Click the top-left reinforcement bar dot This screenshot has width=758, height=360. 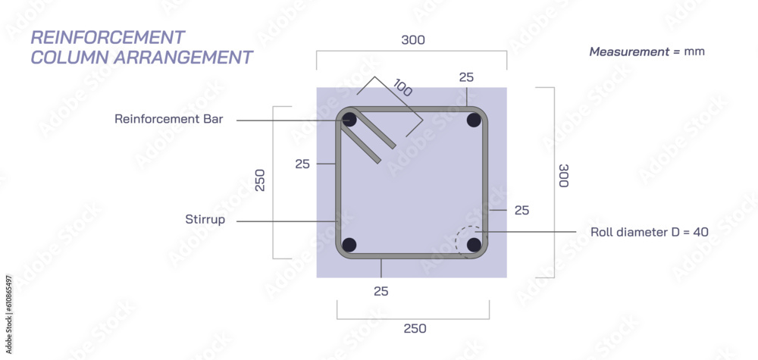coord(349,120)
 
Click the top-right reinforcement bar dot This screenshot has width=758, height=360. coord(475,120)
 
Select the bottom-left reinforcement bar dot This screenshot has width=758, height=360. coord(349,245)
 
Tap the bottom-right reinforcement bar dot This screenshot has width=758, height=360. coord(475,245)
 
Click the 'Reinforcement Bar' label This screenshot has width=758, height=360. coord(168,119)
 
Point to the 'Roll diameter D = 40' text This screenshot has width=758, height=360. coord(649,232)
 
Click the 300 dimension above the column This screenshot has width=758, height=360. coord(412,39)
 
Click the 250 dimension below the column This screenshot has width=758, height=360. coord(414,328)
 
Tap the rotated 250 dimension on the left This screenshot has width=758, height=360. coord(260,180)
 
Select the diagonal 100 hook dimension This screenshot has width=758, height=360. coord(402,89)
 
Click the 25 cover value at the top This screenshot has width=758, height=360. coord(467,77)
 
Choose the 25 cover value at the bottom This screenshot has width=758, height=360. coord(381,291)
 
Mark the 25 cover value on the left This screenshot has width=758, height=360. coord(302,163)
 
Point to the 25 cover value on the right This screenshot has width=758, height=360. coord(522,210)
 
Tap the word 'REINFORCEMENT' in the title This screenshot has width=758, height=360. coord(107,37)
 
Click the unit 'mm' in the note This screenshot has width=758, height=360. coord(694,52)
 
